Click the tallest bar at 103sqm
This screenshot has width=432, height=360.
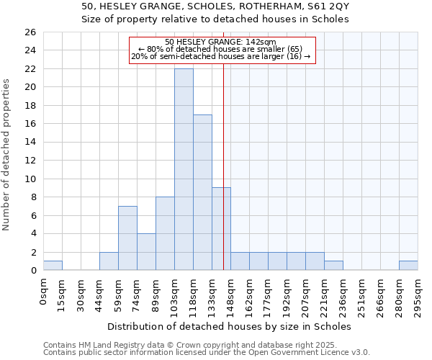pyautogui.click(x=184, y=169)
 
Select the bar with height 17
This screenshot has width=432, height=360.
pyautogui.click(x=202, y=192)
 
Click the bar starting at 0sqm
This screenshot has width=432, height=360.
pyautogui.click(x=53, y=266)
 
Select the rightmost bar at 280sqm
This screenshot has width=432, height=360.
pyautogui.click(x=408, y=266)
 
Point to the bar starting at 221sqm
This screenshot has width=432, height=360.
pyautogui.click(x=333, y=266)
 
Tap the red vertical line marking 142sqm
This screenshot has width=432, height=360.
pyautogui.click(x=223, y=166)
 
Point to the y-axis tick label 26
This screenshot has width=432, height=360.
pyautogui.click(x=30, y=32)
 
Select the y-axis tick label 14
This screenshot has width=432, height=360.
pyautogui.click(x=30, y=142)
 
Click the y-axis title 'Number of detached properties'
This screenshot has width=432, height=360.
pyautogui.click(x=6, y=166)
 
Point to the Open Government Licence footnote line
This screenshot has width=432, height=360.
pyautogui.click(x=207, y=353)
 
